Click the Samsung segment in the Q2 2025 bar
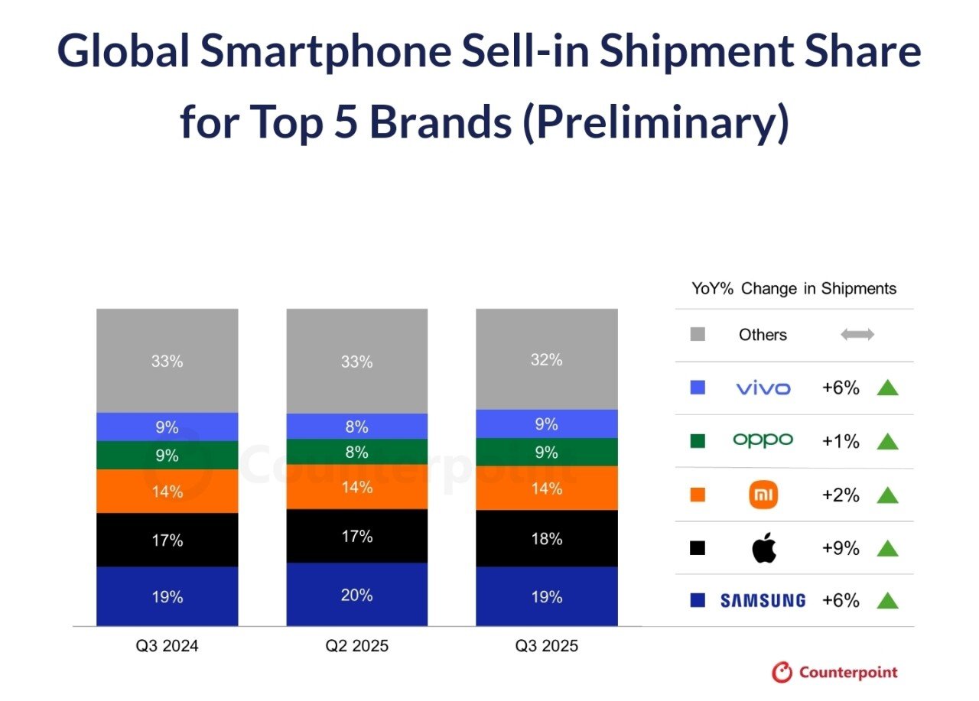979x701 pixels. [356, 594]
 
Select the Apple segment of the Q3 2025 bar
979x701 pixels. [546, 538]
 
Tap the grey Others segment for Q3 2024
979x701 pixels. [167, 361]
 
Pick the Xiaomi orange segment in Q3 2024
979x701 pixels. [167, 491]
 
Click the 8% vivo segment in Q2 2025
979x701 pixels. [356, 426]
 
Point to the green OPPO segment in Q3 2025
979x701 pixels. [546, 452]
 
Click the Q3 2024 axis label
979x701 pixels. [167, 646]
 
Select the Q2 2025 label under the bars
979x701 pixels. [356, 646]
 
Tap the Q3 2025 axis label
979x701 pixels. [546, 646]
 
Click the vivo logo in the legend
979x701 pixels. [763, 388]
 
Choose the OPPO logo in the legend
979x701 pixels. [763, 440]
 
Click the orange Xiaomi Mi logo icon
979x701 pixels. [763, 495]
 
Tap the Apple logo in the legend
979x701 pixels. [763, 548]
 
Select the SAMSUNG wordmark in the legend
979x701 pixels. [763, 601]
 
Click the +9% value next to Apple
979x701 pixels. [841, 548]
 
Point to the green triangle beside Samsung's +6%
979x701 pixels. [887, 601]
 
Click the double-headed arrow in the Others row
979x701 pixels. [857, 335]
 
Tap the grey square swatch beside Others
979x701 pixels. [698, 335]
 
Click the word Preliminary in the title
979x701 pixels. [655, 123]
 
